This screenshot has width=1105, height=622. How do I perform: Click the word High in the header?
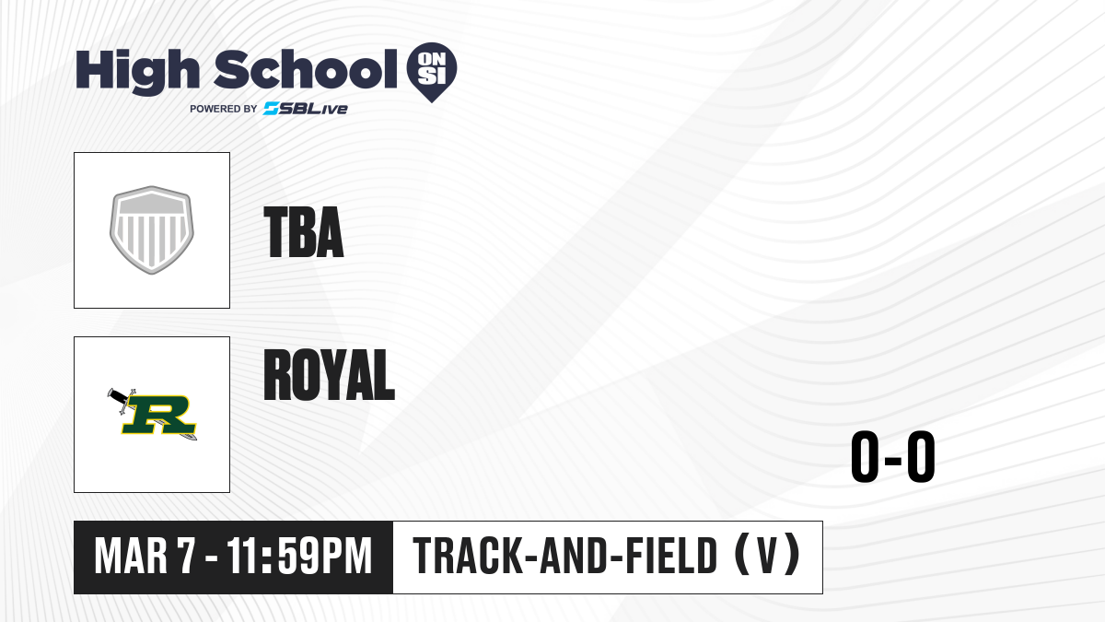(138, 71)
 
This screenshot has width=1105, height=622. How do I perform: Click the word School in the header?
(306, 69)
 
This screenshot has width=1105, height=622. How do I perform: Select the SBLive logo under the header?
(306, 108)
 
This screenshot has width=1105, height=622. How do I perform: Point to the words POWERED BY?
(224, 109)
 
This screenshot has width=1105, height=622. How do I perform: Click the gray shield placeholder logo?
(151, 230)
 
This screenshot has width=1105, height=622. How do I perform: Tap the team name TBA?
(303, 232)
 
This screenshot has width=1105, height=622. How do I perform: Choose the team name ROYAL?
(329, 375)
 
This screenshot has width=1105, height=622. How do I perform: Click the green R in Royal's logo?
(158, 415)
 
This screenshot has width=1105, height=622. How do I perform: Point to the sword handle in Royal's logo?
(117, 396)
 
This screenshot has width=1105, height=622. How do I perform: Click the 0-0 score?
(893, 456)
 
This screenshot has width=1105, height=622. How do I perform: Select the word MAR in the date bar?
(131, 556)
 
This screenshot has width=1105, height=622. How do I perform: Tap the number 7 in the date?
(186, 556)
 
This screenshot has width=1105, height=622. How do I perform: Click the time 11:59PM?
(299, 556)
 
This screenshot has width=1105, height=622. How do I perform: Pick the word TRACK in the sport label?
(468, 556)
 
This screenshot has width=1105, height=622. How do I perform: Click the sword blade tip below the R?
(194, 438)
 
